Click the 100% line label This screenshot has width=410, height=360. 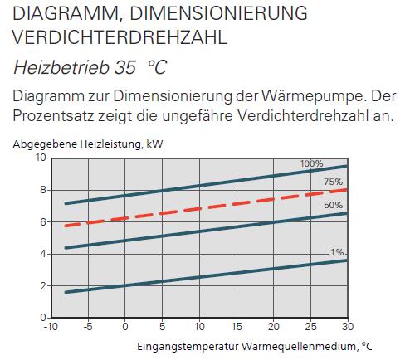(x=311, y=163)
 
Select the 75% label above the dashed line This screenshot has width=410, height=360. (x=333, y=182)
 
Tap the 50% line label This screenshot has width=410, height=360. (x=333, y=205)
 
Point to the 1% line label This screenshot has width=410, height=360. (x=337, y=252)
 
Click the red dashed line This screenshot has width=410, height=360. (x=206, y=207)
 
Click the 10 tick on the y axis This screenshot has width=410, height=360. (x=41, y=158)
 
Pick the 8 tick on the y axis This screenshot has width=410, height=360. (x=43, y=190)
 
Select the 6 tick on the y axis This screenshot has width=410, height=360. (x=43, y=222)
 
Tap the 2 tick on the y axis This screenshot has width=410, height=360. (x=43, y=286)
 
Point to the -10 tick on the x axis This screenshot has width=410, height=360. (x=51, y=327)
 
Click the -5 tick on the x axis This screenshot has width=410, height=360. (x=88, y=327)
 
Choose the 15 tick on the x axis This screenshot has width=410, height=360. (x=237, y=327)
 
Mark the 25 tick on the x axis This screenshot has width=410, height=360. (x=310, y=327)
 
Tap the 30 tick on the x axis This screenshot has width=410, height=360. (x=348, y=327)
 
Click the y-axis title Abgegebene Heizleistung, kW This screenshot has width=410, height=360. (x=88, y=144)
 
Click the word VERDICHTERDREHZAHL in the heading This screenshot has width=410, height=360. (x=120, y=37)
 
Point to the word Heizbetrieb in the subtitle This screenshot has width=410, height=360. (x=61, y=67)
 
